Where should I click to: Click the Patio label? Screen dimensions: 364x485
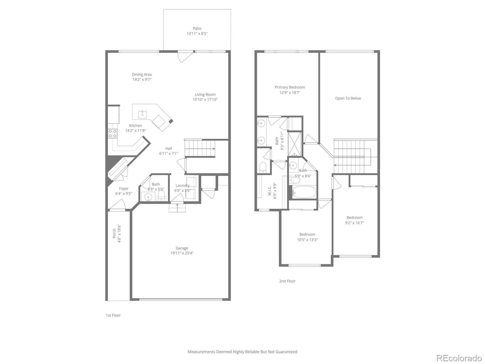(x=197, y=29)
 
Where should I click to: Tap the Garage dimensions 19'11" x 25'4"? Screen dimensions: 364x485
(x=182, y=253)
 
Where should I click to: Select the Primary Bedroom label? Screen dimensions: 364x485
(x=290, y=87)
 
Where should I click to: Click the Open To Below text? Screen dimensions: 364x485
(x=348, y=98)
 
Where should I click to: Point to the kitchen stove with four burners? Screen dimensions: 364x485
(x=113, y=133)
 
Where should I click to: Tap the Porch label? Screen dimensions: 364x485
(x=114, y=233)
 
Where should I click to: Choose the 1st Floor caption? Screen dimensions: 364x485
(x=113, y=315)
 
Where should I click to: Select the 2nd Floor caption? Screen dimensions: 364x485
(x=287, y=281)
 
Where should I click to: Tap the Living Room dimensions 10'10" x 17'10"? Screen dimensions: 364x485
(x=205, y=99)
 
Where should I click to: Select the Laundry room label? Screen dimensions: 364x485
(x=182, y=185)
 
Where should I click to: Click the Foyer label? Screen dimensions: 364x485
(x=124, y=188)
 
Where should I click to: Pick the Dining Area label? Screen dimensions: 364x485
(x=142, y=74)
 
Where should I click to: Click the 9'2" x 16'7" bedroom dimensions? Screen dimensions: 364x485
(x=354, y=223)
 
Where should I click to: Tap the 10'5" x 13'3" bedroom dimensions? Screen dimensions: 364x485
(x=307, y=240)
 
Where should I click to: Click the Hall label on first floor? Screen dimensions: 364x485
(x=169, y=148)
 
